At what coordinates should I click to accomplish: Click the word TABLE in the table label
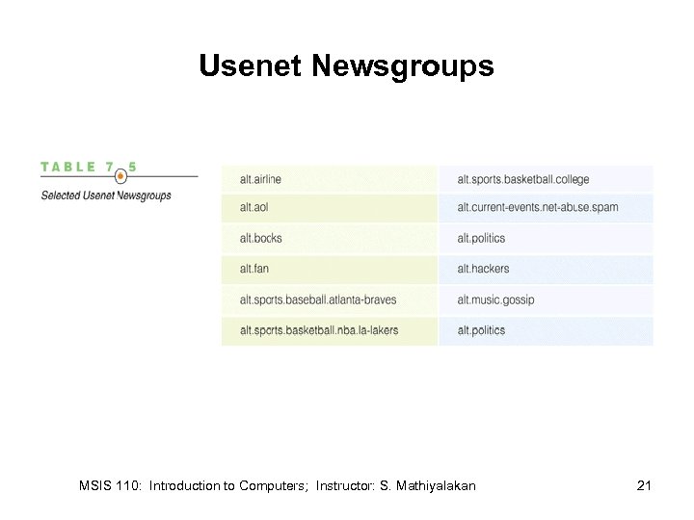coord(68,167)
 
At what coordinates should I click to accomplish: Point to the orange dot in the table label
coord(120,176)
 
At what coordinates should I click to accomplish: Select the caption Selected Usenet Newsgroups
coord(105,195)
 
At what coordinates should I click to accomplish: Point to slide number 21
coord(644,486)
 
